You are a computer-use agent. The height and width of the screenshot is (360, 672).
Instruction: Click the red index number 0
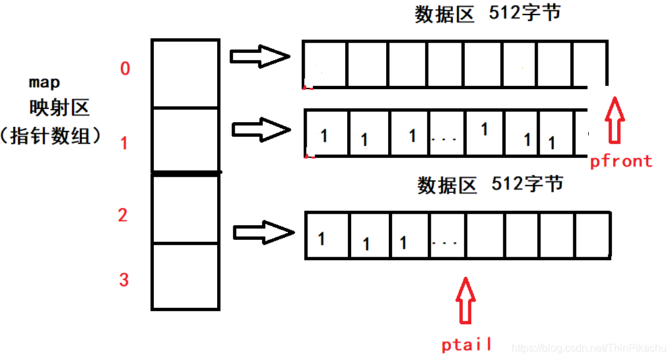click(125, 69)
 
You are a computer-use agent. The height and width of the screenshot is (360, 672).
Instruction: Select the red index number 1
click(124, 143)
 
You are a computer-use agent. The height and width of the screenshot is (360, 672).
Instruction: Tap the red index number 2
click(123, 215)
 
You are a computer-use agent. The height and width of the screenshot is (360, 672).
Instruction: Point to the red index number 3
click(123, 279)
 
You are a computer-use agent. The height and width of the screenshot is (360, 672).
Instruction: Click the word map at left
click(44, 83)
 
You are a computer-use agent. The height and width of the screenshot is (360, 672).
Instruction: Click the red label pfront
click(621, 161)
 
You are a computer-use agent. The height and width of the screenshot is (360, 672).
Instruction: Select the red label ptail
click(467, 344)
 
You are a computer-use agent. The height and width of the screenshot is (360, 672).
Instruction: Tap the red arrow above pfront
click(615, 120)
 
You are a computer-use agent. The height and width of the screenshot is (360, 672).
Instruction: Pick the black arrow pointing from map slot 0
click(259, 56)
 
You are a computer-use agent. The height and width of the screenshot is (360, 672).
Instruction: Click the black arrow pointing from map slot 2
click(263, 232)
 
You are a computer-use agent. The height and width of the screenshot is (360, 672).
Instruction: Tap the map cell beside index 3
click(185, 275)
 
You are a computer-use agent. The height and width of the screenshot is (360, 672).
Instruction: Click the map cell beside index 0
click(185, 73)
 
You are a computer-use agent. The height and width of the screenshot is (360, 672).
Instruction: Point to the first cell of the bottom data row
click(326, 236)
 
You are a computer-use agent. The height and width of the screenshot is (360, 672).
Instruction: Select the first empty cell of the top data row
click(324, 65)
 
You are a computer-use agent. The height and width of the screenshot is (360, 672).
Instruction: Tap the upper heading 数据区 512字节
click(487, 14)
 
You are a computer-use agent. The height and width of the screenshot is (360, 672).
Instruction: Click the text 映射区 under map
click(59, 108)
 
